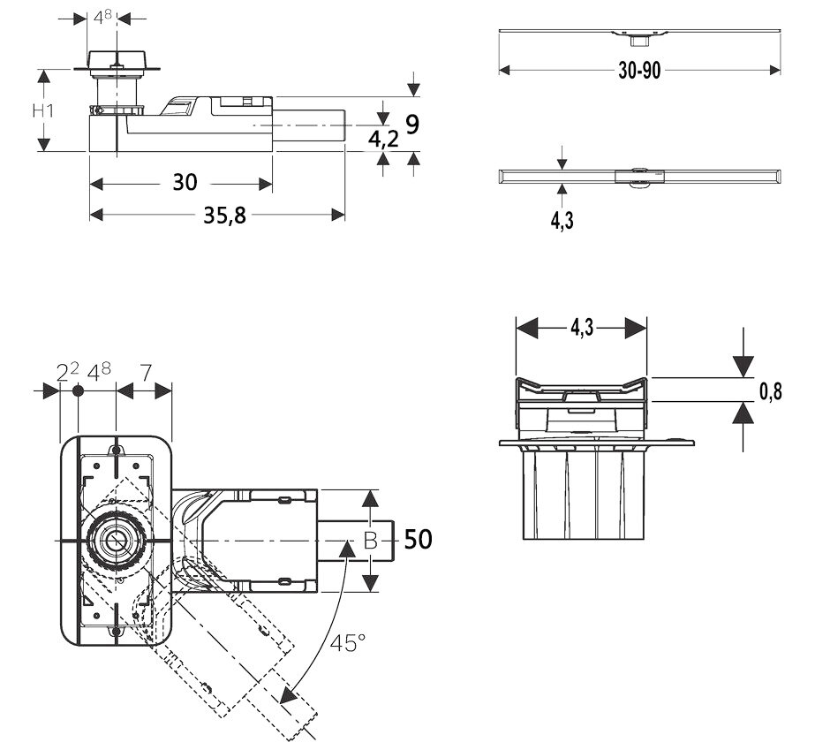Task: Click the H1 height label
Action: tap(43, 112)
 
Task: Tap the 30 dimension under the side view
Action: tap(185, 183)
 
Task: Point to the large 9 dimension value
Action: tap(411, 125)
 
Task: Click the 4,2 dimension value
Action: tap(383, 138)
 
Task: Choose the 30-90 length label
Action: tap(639, 72)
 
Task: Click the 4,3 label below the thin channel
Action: tap(562, 221)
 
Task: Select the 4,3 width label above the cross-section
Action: tap(581, 328)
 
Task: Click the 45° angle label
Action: tap(348, 644)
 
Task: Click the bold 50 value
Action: tap(419, 539)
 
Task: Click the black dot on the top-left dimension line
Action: tap(78, 390)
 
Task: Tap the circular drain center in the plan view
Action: tap(114, 539)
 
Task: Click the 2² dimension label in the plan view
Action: tap(67, 371)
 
